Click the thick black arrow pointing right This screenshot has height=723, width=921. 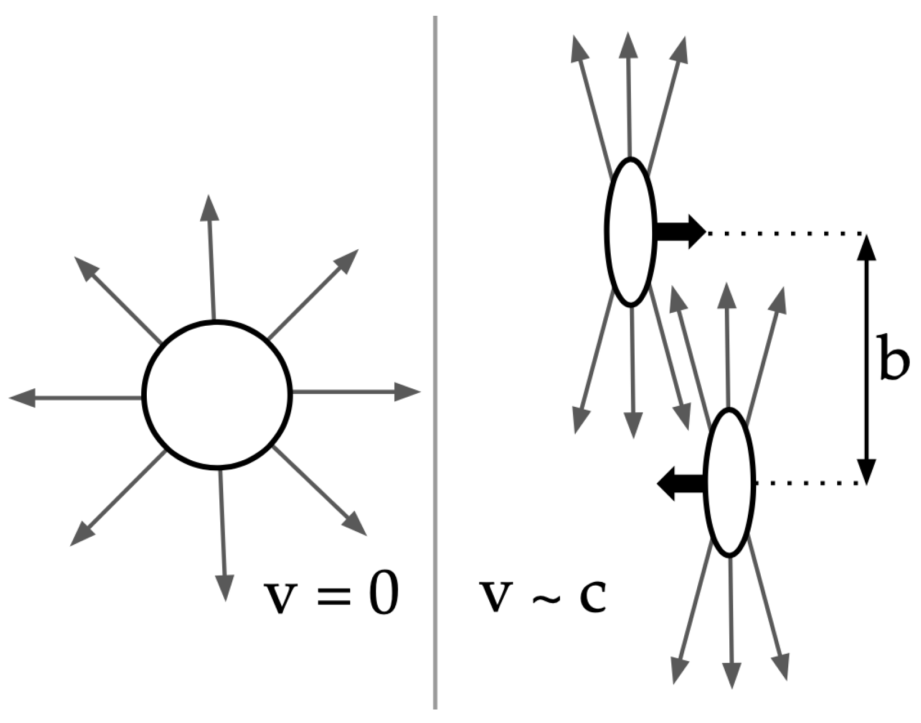point(681,232)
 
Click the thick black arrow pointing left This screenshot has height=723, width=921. point(681,484)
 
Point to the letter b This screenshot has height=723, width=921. point(894,357)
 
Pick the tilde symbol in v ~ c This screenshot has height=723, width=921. point(544,598)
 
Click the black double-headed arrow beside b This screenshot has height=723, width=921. point(866,360)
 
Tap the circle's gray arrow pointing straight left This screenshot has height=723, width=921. point(75,397)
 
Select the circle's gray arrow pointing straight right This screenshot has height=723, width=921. point(356,392)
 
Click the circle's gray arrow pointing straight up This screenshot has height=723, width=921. point(211,257)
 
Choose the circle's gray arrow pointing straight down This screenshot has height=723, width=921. point(223,535)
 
